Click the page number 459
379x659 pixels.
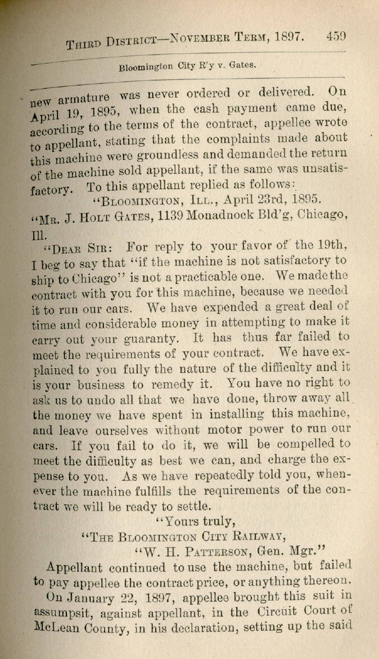click(335, 37)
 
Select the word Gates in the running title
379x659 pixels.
click(242, 65)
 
